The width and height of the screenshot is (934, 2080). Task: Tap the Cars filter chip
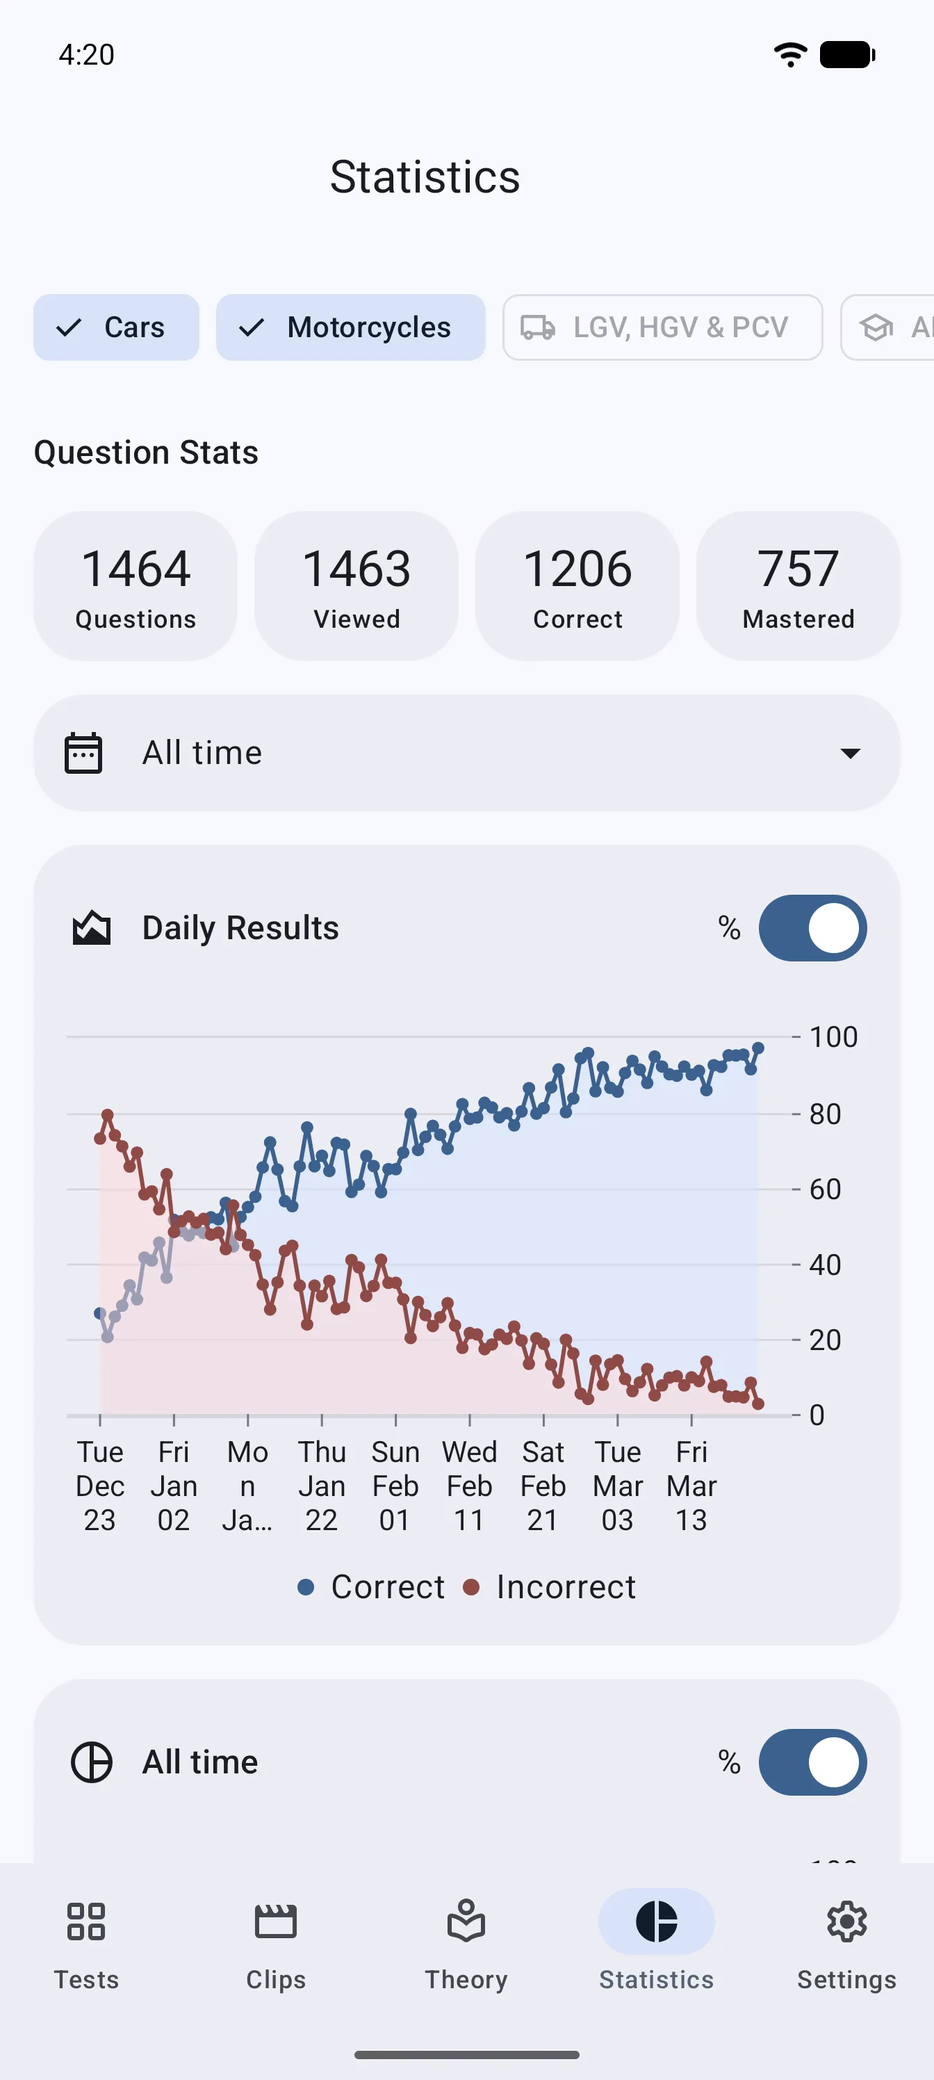116,327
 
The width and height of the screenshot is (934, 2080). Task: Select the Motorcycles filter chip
350,327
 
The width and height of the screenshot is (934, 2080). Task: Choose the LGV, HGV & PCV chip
662,327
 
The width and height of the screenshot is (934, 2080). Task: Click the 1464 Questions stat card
136,585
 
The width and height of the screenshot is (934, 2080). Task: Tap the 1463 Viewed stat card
356,585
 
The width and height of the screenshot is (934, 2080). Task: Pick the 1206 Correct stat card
577,585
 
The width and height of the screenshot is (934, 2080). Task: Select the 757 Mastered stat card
798,585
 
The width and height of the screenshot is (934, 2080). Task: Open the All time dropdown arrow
850,754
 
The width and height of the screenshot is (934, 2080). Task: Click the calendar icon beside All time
83,754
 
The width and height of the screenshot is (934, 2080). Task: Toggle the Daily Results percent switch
812,928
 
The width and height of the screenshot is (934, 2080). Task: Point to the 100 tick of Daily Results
833,1037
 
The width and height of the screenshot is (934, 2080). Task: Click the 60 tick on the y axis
824,1189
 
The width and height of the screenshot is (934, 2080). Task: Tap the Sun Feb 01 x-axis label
395,1486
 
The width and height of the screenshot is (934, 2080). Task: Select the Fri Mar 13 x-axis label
691,1486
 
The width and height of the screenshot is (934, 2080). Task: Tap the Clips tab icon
276,1921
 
